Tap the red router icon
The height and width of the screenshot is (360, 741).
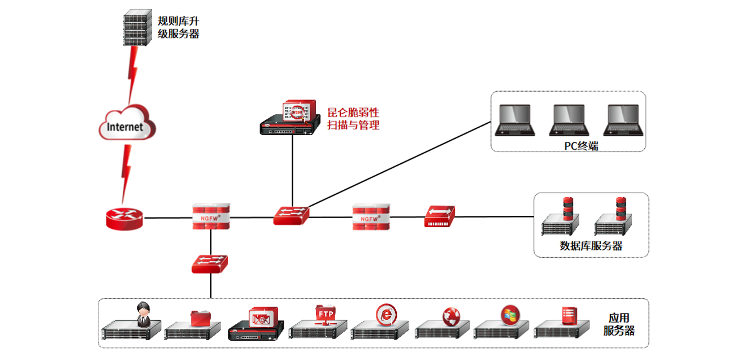[124, 218]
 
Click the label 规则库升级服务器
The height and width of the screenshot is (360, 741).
[178, 27]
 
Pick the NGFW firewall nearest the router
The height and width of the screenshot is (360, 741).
[211, 217]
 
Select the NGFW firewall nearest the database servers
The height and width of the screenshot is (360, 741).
[371, 217]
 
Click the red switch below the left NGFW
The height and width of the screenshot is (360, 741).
[209, 263]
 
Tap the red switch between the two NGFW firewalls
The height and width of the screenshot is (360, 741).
[292, 215]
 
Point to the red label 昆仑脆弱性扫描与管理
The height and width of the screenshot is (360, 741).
[353, 118]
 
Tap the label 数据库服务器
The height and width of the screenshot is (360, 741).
[591, 246]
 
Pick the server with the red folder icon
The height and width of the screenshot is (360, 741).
[193, 325]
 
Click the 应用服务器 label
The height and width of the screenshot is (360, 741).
[618, 324]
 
